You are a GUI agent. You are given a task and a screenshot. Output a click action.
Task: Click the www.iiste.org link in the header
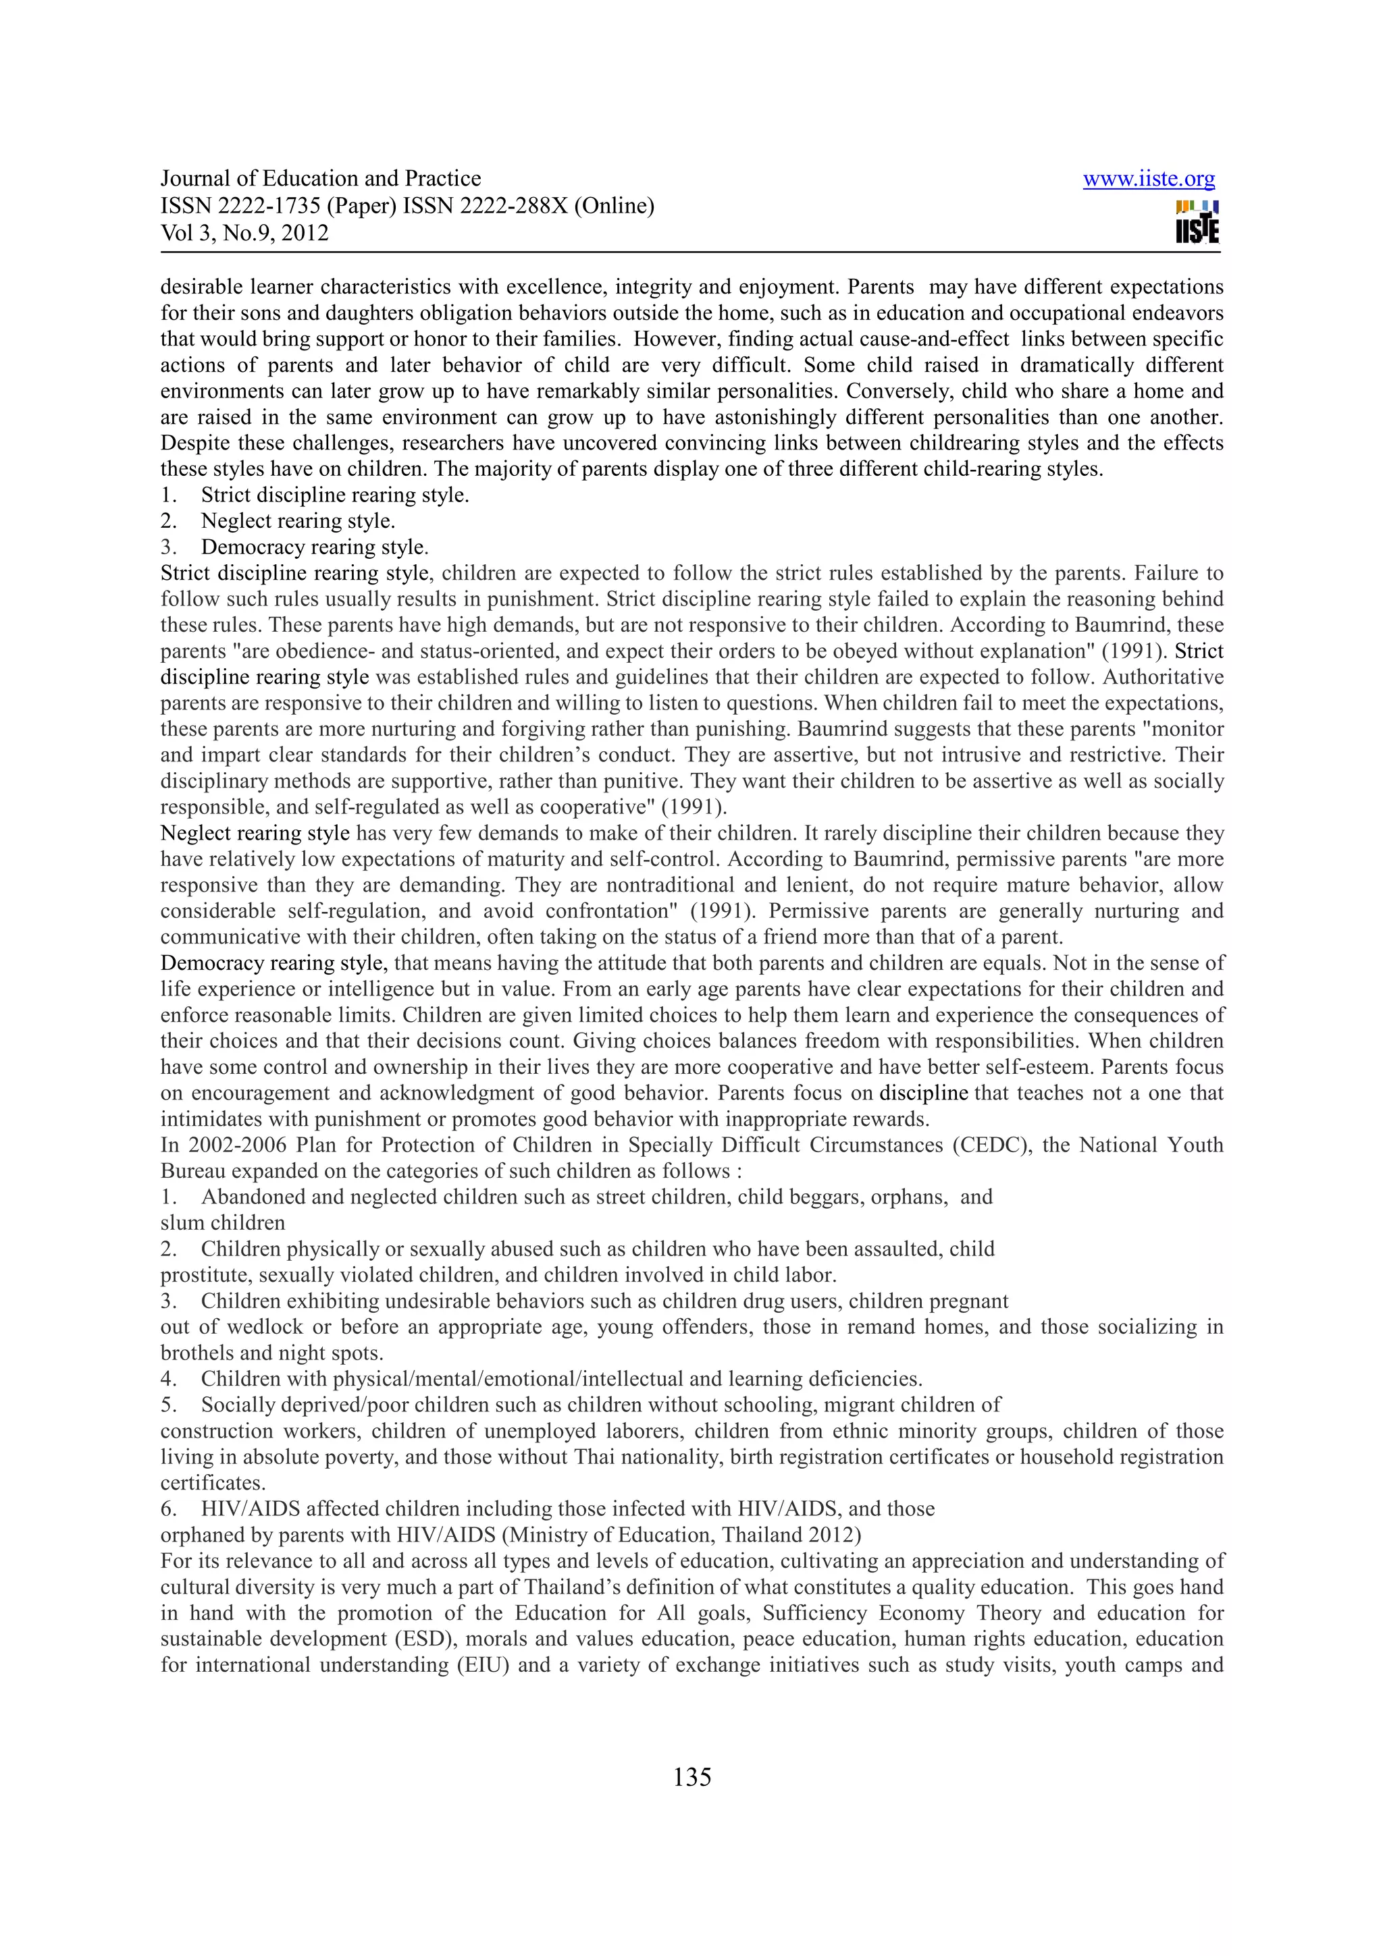pyautogui.click(x=1148, y=179)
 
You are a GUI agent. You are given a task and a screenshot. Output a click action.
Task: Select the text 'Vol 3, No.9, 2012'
pyautogui.click(x=244, y=233)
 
